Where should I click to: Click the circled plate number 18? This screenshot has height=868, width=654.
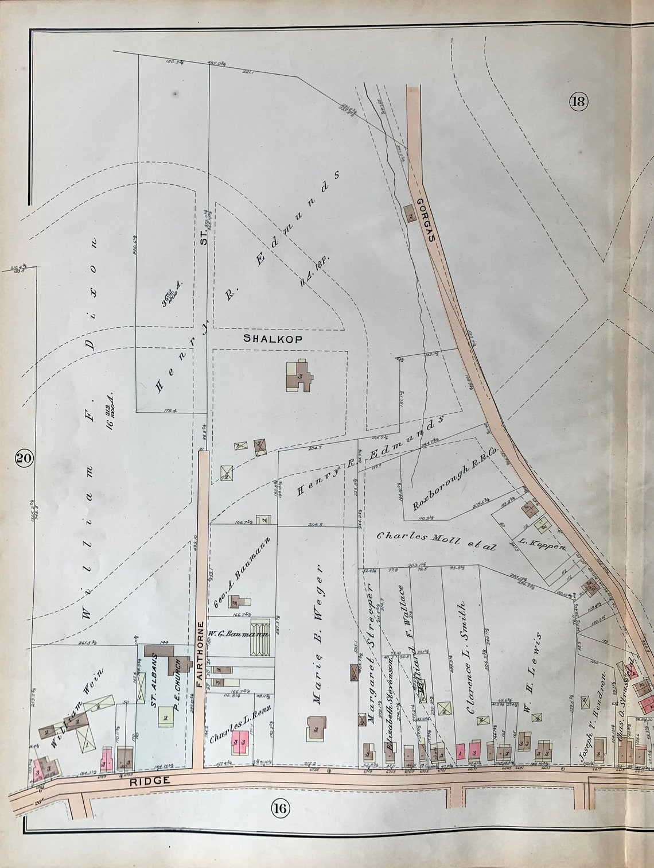pos(577,102)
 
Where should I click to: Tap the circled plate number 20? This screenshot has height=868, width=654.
pos(24,458)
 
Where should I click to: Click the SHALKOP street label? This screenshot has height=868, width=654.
pos(272,339)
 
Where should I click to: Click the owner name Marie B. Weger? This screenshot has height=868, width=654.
pos(315,633)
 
